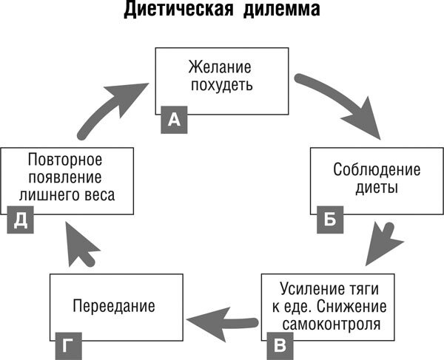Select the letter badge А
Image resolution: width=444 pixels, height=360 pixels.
pyautogui.click(x=174, y=119)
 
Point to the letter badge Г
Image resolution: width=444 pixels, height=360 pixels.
pyautogui.click(x=65, y=344)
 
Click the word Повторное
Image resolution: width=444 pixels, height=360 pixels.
pyautogui.click(x=64, y=159)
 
